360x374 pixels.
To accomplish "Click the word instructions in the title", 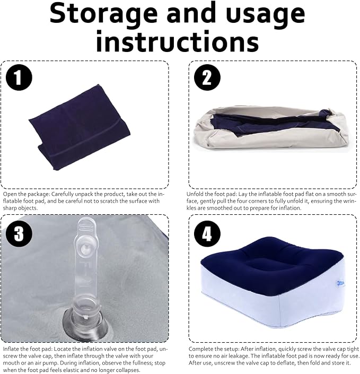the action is (x=178, y=41).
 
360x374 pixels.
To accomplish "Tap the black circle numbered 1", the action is (x=19, y=77).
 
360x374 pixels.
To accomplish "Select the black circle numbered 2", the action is (x=207, y=77).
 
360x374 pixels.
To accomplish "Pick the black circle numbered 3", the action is (x=19, y=233).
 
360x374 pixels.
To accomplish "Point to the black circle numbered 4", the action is (x=207, y=233).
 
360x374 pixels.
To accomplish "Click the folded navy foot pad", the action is (x=80, y=128).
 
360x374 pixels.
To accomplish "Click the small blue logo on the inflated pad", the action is (x=340, y=283).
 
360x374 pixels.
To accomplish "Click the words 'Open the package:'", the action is (x=27, y=194).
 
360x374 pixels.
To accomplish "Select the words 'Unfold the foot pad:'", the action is (x=212, y=194).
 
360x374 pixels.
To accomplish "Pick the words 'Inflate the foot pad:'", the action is (x=28, y=349).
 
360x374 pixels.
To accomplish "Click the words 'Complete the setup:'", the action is (x=214, y=349).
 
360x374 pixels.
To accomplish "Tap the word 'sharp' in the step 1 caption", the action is (x=10, y=208).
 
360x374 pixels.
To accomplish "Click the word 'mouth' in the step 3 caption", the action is (x=11, y=363).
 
